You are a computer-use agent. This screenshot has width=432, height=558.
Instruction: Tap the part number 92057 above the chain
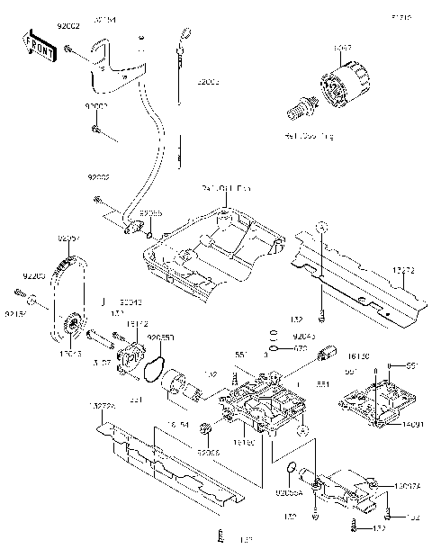point(68,238)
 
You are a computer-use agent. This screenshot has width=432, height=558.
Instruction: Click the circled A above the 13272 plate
point(319,227)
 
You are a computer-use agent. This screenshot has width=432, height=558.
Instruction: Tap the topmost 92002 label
point(69,28)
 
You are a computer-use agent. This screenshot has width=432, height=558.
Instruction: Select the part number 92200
point(33,274)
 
